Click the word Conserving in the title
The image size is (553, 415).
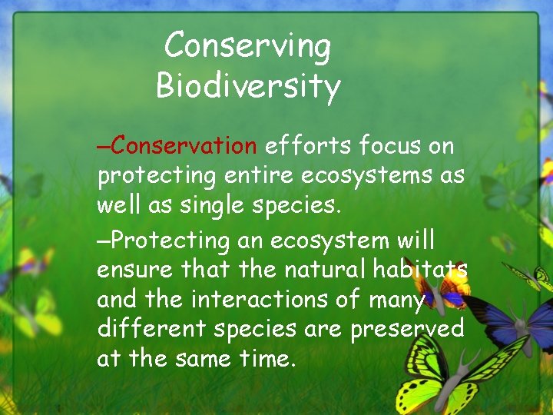coord(247,46)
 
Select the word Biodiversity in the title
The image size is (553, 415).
coord(247,86)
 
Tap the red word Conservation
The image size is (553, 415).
coord(187,145)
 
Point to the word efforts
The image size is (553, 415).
coord(306,145)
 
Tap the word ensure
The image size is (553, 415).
coord(135,270)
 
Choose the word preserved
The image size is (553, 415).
coord(407,329)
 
